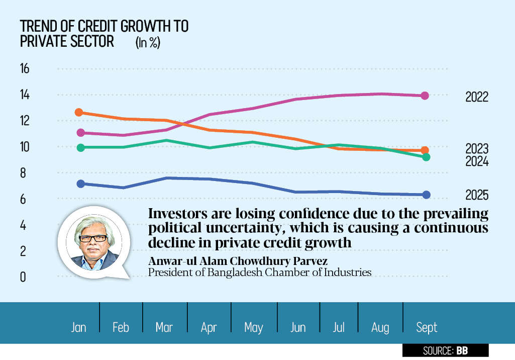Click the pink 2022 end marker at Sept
425,96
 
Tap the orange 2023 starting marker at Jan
79,113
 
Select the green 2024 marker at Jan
79,147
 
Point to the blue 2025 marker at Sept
426,195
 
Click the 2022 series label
476,97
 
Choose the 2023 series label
476,149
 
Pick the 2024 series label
476,162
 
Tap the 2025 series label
476,195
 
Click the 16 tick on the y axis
25,69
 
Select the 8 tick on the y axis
23,173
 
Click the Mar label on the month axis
164,328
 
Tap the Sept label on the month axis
427,328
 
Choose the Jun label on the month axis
298,328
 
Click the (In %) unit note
148,43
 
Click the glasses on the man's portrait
93,238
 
